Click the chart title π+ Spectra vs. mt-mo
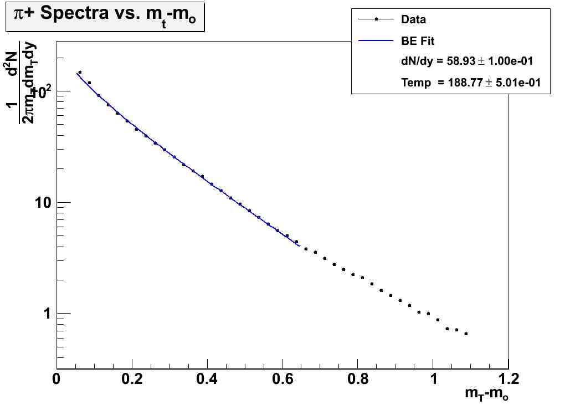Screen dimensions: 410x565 pyautogui.click(x=105, y=20)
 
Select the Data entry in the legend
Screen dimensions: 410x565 pyautogui.click(x=413, y=19)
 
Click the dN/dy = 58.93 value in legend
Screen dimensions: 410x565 pyautogui.click(x=467, y=61)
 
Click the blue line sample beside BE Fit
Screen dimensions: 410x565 pyautogui.click(x=376, y=40)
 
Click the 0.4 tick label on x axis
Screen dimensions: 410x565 pyautogui.click(x=207, y=380)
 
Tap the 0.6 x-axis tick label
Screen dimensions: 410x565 pyautogui.click(x=282, y=380)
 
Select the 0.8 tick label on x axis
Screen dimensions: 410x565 pyautogui.click(x=358, y=380)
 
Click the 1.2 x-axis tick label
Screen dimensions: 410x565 pyautogui.click(x=508, y=380)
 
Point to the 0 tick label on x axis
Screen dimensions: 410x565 pyautogui.click(x=56, y=380)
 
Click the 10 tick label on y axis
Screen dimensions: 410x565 pyautogui.click(x=41, y=203)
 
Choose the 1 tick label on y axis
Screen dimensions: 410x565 pyautogui.click(x=47, y=314)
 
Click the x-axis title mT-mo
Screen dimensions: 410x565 pyautogui.click(x=486, y=394)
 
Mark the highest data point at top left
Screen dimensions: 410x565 pyautogui.click(x=80, y=72)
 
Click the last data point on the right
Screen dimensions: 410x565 pyautogui.click(x=466, y=334)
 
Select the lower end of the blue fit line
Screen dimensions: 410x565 pyautogui.click(x=300, y=245)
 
